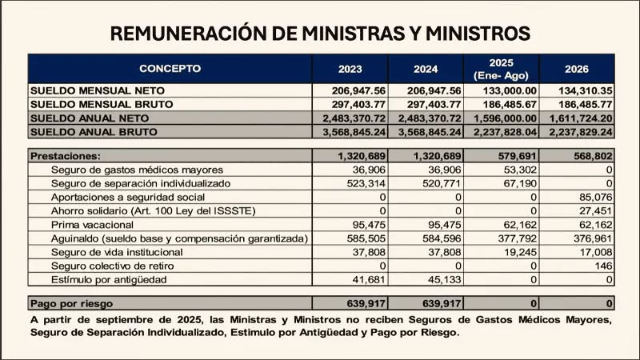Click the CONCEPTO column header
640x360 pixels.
[170, 68]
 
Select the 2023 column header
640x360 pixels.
[350, 68]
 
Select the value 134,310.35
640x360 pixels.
[582, 90]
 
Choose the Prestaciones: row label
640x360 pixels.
[65, 156]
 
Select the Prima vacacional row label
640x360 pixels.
[90, 225]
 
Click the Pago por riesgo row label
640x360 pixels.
[72, 303]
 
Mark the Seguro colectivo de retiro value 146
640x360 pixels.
[603, 266]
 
